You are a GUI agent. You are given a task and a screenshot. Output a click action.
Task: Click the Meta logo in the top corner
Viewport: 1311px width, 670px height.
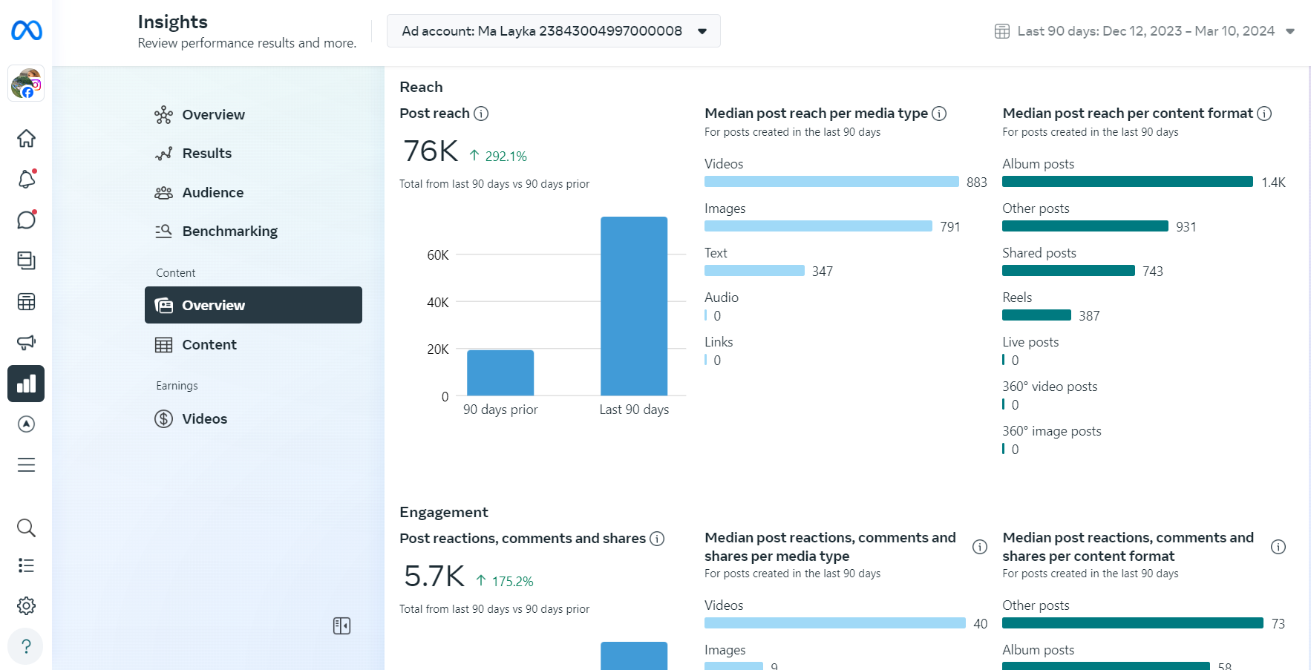point(27,30)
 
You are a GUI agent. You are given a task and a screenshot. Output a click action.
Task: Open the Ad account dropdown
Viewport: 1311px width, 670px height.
point(553,31)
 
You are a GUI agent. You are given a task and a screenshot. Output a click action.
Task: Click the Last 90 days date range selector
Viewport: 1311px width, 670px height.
point(1145,31)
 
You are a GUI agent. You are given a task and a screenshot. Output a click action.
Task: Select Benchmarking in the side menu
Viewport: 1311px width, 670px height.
point(229,231)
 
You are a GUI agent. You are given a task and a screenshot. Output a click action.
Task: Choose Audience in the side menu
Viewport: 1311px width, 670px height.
point(212,193)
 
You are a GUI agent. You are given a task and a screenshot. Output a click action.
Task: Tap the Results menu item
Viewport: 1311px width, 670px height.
point(206,154)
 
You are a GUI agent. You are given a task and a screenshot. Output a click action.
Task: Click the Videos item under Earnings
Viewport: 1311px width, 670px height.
point(204,419)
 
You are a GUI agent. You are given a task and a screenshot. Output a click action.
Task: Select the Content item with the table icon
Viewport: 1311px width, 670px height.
point(209,345)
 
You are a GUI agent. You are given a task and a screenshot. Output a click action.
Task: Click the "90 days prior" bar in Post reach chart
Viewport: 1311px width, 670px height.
point(500,372)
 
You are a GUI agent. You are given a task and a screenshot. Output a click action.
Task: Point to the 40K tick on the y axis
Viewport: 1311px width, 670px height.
point(438,303)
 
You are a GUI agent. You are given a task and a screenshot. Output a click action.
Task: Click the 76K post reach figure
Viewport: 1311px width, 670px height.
point(431,151)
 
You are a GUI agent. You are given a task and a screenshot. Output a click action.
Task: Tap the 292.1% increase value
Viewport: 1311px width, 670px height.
point(506,157)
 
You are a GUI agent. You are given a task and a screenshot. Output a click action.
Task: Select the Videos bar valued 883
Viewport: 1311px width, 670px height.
point(831,182)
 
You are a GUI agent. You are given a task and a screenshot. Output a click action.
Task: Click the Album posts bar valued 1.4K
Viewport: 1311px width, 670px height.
point(1127,182)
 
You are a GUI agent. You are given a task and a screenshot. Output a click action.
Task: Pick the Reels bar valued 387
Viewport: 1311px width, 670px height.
point(1036,315)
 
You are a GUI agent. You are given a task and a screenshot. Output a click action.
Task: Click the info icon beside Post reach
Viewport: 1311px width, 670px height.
point(481,114)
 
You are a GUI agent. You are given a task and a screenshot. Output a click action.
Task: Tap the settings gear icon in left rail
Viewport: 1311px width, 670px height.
point(26,606)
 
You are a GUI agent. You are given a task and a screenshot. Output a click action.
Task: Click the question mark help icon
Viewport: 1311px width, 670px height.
point(26,646)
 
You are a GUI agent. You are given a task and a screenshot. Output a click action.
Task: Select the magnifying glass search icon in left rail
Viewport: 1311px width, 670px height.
point(26,528)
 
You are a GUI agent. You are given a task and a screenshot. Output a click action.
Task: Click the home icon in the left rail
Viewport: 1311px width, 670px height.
point(26,139)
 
